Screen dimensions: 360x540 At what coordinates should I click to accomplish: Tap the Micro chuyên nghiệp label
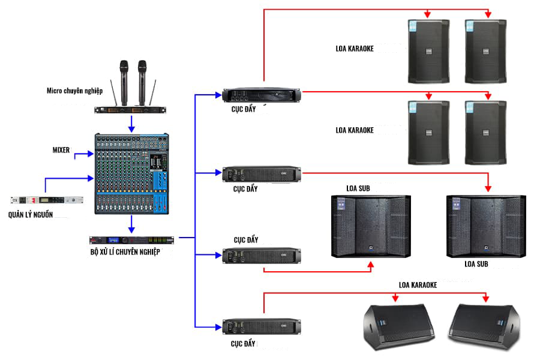pos(75,91)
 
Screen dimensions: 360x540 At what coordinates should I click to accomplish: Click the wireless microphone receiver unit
pos(133,109)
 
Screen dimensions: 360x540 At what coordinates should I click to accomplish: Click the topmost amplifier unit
pos(262,95)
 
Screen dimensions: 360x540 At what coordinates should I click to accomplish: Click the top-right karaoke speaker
pos(485,51)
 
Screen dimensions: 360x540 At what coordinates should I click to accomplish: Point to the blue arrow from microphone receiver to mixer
pos(132,124)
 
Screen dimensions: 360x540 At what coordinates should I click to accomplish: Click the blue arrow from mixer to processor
pos(131,225)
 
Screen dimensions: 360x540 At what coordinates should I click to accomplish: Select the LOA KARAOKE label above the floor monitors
pos(418,285)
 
